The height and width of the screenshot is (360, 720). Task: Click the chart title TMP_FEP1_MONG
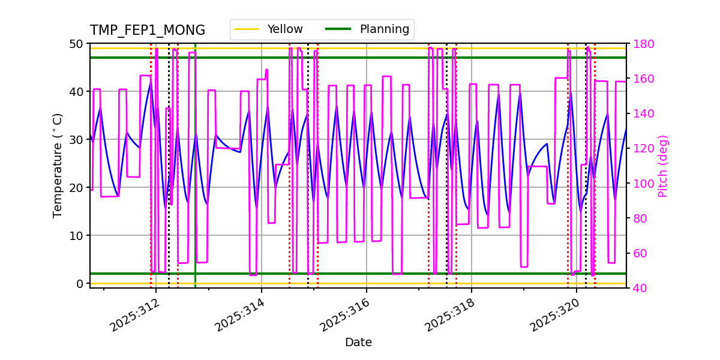[x=147, y=31]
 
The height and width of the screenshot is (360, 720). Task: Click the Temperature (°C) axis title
[x=58, y=165]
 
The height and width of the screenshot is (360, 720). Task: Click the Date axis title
[x=358, y=343]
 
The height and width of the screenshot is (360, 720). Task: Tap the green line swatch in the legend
[x=338, y=29]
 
